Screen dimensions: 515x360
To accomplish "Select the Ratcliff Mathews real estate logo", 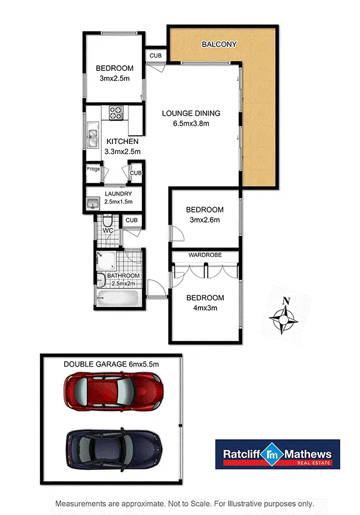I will click(x=277, y=455).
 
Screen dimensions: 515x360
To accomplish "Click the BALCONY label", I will click(x=219, y=44).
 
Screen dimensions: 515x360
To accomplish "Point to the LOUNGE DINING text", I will click(x=191, y=114).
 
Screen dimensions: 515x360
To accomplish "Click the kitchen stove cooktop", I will click(x=116, y=114).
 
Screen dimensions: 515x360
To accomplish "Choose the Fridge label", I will click(x=93, y=169).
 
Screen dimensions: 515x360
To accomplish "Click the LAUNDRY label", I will click(x=118, y=194).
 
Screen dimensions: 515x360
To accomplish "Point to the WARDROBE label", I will click(x=205, y=255).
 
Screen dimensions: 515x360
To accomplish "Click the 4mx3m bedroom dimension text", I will click(x=205, y=308).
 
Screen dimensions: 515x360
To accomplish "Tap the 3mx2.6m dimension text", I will click(x=205, y=220).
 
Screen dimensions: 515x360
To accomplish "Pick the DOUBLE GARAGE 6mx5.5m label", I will click(x=111, y=364).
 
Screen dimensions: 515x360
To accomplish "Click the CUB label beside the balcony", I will click(x=155, y=55).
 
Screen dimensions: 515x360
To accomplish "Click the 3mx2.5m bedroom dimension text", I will click(x=115, y=79).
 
